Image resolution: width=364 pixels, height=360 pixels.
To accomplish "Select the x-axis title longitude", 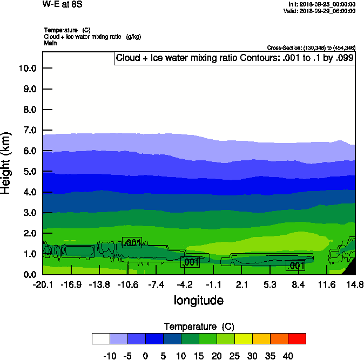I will point(198,300).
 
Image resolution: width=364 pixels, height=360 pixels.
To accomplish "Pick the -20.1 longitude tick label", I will point(43,284).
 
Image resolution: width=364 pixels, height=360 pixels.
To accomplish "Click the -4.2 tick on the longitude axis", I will point(185,284).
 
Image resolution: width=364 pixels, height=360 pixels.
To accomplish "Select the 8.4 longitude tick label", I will point(298,284).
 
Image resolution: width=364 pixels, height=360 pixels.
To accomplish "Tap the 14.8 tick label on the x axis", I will point(355,284).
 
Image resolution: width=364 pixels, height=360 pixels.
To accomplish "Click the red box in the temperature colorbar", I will point(296,338).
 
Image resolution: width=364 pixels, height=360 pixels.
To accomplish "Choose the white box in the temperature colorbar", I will point(101,338).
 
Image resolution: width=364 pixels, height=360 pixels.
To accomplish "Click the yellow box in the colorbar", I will point(243,338).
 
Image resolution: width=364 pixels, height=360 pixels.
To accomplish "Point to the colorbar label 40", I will point(288,356).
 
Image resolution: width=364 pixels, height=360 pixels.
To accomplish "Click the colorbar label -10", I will point(110,356).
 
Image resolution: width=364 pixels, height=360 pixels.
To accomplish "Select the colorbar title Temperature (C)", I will point(199,327).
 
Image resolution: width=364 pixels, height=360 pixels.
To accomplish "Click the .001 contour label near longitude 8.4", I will point(296,266).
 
